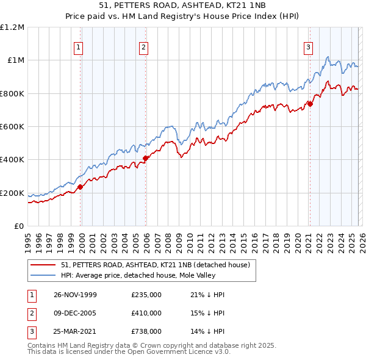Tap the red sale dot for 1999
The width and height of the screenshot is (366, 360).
[81, 187]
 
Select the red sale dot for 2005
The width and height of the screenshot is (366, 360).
[146, 159]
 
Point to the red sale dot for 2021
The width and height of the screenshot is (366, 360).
[310, 104]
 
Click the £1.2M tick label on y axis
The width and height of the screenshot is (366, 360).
[12, 27]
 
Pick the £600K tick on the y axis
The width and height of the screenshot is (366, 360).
[12, 127]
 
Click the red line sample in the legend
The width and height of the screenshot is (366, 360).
[44, 265]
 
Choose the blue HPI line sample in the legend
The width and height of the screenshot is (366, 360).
[44, 276]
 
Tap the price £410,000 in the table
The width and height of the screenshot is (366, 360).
[146, 313]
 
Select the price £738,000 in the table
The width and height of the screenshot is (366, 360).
[146, 332]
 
